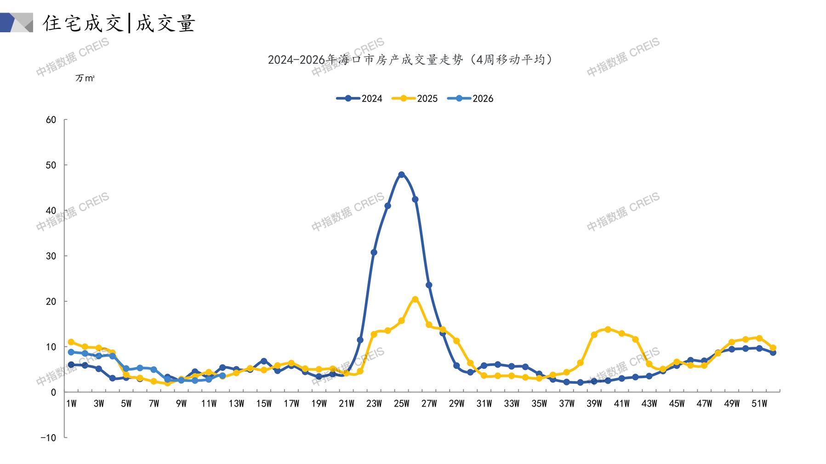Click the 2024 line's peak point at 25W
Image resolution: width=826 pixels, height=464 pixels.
click(401, 175)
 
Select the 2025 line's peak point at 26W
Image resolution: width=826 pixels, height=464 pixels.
click(415, 299)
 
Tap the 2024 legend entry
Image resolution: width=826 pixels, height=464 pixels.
click(360, 98)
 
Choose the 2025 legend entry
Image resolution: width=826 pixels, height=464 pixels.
click(415, 98)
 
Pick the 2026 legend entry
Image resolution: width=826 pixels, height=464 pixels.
click(471, 98)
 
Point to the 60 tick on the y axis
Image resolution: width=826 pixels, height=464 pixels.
click(51, 120)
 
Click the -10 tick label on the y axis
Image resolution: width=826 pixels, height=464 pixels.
click(48, 437)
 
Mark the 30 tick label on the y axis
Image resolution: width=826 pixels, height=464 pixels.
click(51, 256)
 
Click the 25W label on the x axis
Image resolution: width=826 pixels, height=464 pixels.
click(401, 403)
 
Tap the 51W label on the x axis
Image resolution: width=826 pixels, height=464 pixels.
click(759, 403)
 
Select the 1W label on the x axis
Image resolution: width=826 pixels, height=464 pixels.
click(71, 403)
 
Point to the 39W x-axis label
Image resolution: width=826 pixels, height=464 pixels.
click(594, 403)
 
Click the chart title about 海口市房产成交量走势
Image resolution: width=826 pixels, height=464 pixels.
click(410, 60)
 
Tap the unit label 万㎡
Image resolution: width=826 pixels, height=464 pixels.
click(85, 78)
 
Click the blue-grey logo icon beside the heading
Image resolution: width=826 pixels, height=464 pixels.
click(17, 23)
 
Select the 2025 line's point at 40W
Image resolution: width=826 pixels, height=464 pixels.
click(608, 329)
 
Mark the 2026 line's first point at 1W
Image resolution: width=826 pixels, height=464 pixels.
click(71, 352)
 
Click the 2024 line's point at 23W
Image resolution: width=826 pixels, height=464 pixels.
click(374, 252)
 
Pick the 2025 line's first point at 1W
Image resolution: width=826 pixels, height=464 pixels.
click(71, 342)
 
